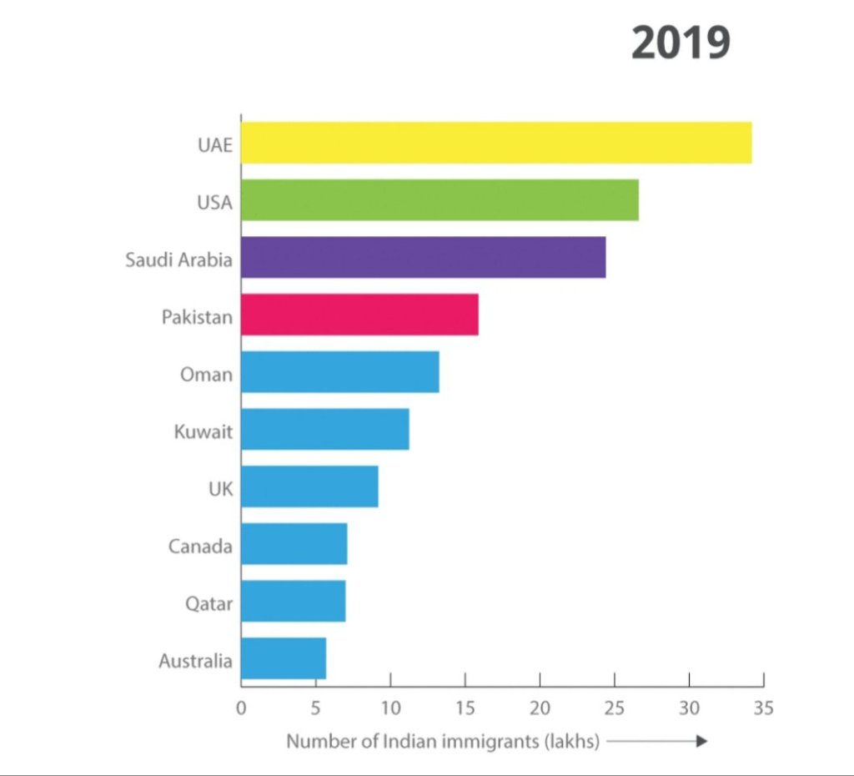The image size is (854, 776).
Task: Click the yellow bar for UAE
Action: [x=496, y=143]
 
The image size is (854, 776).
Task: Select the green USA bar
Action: [x=440, y=200]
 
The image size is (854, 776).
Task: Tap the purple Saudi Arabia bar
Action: [x=423, y=258]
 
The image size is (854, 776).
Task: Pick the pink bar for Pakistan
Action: [x=359, y=315]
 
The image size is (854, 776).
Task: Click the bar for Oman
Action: [x=339, y=372]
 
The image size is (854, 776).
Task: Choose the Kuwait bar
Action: [x=324, y=430]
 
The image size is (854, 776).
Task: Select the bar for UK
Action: [x=309, y=486]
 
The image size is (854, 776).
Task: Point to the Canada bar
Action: [x=294, y=544]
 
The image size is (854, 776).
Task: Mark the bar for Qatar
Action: [x=293, y=601]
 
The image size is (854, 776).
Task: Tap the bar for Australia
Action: [x=284, y=658]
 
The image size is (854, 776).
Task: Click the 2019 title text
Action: [x=681, y=43]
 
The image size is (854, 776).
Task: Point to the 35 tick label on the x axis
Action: [x=763, y=709]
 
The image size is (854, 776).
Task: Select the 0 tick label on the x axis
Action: [x=241, y=709]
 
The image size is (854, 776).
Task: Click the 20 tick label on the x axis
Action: [x=540, y=709]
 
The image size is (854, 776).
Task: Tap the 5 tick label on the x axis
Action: [x=315, y=709]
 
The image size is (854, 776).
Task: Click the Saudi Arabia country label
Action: [x=178, y=260]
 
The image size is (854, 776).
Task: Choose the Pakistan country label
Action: [x=197, y=317]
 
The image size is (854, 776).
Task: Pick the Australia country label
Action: [x=195, y=661]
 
